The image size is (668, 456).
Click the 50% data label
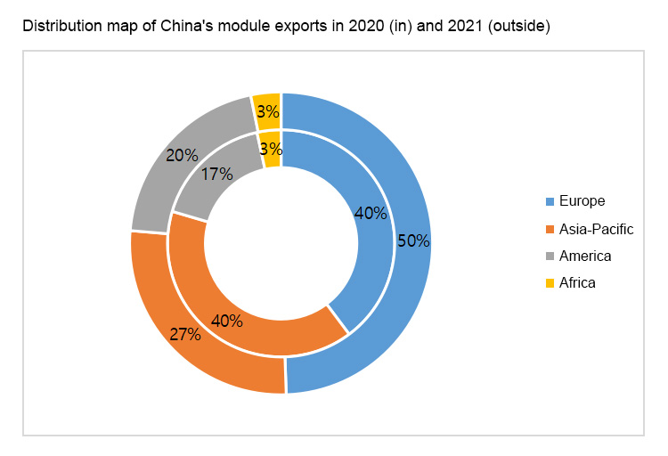(414, 240)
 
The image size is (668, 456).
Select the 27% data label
(185, 335)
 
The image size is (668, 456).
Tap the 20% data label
(182, 155)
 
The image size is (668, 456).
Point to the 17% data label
(217, 175)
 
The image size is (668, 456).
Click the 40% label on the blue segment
(371, 213)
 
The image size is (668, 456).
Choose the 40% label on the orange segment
(226, 321)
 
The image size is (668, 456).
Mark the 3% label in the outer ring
(267, 112)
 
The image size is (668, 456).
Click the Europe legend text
(582, 201)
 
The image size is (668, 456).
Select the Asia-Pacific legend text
(596, 229)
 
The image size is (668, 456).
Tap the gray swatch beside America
(550, 256)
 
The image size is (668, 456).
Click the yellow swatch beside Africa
(550, 283)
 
